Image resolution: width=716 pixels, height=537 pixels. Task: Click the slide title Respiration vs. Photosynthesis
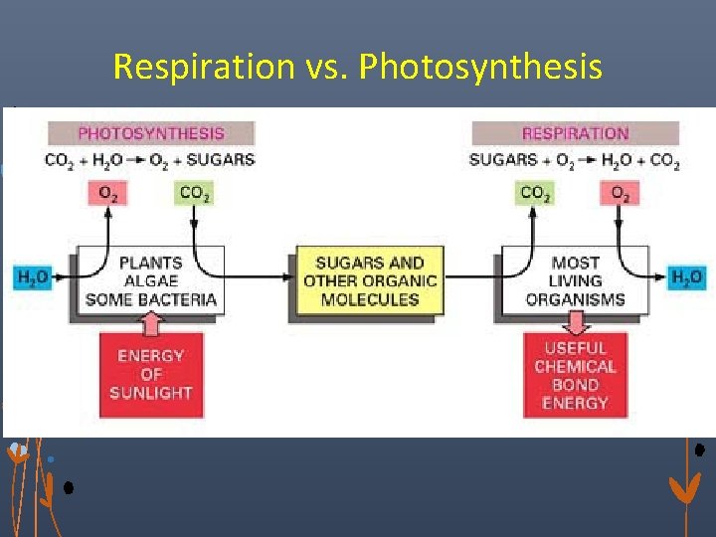(357, 67)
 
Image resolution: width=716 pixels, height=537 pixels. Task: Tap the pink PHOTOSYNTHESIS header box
(151, 133)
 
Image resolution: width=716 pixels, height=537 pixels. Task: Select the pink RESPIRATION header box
(575, 133)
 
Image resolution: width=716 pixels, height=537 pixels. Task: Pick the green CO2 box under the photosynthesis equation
(195, 194)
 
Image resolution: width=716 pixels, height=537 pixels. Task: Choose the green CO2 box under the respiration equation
(535, 194)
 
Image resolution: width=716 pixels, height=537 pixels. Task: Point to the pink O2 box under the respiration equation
(620, 194)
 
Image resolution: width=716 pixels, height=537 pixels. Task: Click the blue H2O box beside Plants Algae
(31, 277)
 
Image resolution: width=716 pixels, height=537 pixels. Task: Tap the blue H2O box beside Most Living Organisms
(685, 277)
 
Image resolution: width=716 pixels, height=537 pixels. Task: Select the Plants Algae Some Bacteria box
(150, 280)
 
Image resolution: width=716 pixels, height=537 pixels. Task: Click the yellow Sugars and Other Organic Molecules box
(369, 280)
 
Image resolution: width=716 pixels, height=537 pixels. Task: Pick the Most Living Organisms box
(575, 280)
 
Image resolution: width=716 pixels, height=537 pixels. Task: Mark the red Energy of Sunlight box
(150, 374)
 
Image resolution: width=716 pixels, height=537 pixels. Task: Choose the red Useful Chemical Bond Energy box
(575, 375)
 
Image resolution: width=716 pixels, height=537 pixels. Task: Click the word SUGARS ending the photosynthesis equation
(223, 160)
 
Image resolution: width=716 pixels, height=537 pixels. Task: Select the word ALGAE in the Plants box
(150, 281)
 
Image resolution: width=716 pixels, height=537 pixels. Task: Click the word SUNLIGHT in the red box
(150, 393)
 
